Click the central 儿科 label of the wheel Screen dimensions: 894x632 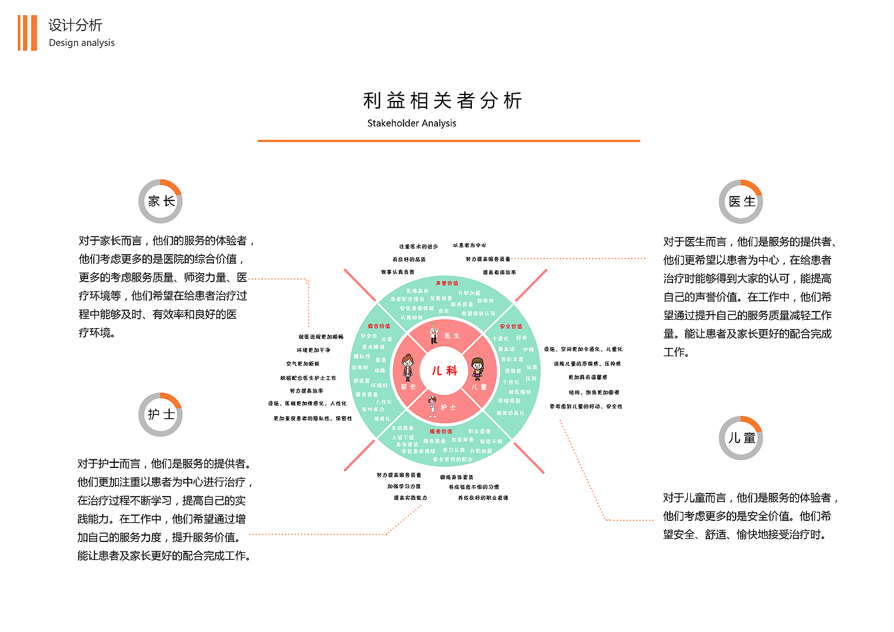click(444, 371)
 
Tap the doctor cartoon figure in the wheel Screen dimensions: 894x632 click(434, 334)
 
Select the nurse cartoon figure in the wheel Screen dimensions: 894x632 click(432, 407)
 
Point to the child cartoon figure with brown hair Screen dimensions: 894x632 click(478, 369)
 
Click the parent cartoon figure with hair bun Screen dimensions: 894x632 click(407, 368)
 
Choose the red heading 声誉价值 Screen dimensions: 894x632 click(447, 283)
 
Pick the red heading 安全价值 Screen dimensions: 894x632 click(511, 326)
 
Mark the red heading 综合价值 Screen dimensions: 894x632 click(379, 326)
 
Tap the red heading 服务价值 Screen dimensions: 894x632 click(441, 432)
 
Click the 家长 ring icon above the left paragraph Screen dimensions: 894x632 click(160, 201)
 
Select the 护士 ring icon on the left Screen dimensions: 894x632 click(160, 414)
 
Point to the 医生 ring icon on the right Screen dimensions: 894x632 click(741, 202)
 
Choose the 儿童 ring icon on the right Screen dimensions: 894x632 click(741, 438)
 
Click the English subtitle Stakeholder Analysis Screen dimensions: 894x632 click(412, 123)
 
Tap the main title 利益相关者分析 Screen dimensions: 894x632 click(443, 100)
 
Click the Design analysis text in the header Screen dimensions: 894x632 click(82, 43)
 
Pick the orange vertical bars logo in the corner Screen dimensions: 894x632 click(27, 33)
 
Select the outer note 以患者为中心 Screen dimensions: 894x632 click(470, 245)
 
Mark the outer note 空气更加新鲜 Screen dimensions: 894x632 click(303, 364)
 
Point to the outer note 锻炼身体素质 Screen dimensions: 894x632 click(457, 478)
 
